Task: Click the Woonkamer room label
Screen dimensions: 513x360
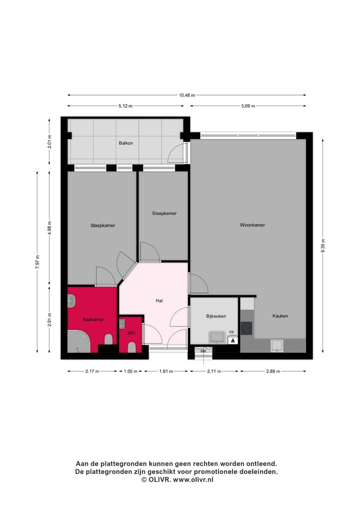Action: click(252, 225)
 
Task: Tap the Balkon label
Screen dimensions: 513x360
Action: click(126, 143)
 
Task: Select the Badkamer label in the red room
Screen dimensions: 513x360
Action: click(93, 319)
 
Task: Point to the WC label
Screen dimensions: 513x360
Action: click(131, 332)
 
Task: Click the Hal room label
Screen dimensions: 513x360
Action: click(159, 300)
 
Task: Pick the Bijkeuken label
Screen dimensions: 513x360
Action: click(216, 316)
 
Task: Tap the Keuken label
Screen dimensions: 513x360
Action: click(280, 316)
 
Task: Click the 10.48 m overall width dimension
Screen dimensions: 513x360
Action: click(186, 95)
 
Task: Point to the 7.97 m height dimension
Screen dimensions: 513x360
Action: click(37, 262)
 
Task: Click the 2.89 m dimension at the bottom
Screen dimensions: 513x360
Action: click(272, 371)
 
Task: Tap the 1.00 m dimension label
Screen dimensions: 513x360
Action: click(131, 371)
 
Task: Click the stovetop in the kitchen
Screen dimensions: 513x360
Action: click(246, 328)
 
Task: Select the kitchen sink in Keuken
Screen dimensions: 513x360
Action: click(276, 345)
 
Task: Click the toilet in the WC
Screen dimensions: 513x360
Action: click(132, 347)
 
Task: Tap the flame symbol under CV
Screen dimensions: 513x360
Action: click(232, 340)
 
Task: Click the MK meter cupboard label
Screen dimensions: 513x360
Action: click(203, 351)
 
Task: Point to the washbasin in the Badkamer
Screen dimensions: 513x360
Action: click(71, 301)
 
